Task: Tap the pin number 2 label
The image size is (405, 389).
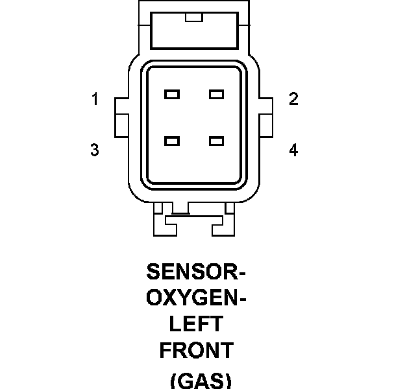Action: click(x=293, y=99)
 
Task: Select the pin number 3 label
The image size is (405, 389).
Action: click(x=95, y=150)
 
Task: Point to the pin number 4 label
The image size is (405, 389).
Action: click(x=293, y=150)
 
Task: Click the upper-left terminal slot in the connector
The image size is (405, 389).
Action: click(x=172, y=95)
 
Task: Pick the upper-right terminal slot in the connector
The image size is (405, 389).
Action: click(x=216, y=95)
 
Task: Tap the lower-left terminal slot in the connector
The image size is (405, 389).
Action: click(x=172, y=140)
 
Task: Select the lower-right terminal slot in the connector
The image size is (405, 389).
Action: click(x=216, y=140)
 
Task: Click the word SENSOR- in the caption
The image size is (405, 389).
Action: click(x=197, y=270)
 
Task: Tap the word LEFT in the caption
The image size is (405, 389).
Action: click(x=195, y=324)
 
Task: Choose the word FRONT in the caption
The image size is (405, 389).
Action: click(x=196, y=351)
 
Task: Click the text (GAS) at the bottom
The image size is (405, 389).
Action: click(x=200, y=381)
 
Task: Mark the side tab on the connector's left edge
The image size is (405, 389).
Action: click(x=121, y=117)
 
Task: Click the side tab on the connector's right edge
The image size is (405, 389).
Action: click(x=266, y=117)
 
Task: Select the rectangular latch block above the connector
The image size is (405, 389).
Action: click(x=193, y=32)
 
